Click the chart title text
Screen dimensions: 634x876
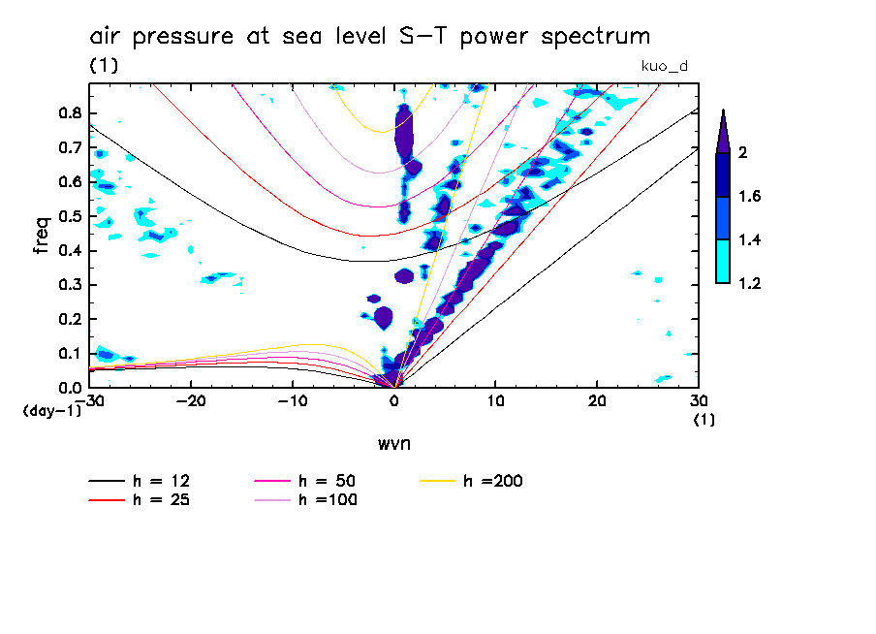click(369, 37)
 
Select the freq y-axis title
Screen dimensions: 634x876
click(41, 235)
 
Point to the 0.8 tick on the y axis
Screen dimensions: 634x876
click(69, 112)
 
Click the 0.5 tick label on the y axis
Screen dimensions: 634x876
click(69, 216)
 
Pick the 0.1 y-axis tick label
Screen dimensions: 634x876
click(69, 354)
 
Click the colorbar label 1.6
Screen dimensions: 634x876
click(749, 196)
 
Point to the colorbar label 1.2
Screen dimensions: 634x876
click(749, 283)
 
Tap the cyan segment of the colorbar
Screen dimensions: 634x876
click(723, 262)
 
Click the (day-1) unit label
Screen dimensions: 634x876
click(52, 411)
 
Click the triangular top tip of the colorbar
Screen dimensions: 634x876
click(723, 130)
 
